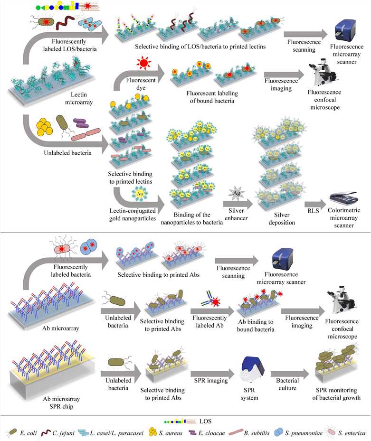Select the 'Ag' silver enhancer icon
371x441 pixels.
[x=236, y=193]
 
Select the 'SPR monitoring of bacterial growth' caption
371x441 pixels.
[x=339, y=394]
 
